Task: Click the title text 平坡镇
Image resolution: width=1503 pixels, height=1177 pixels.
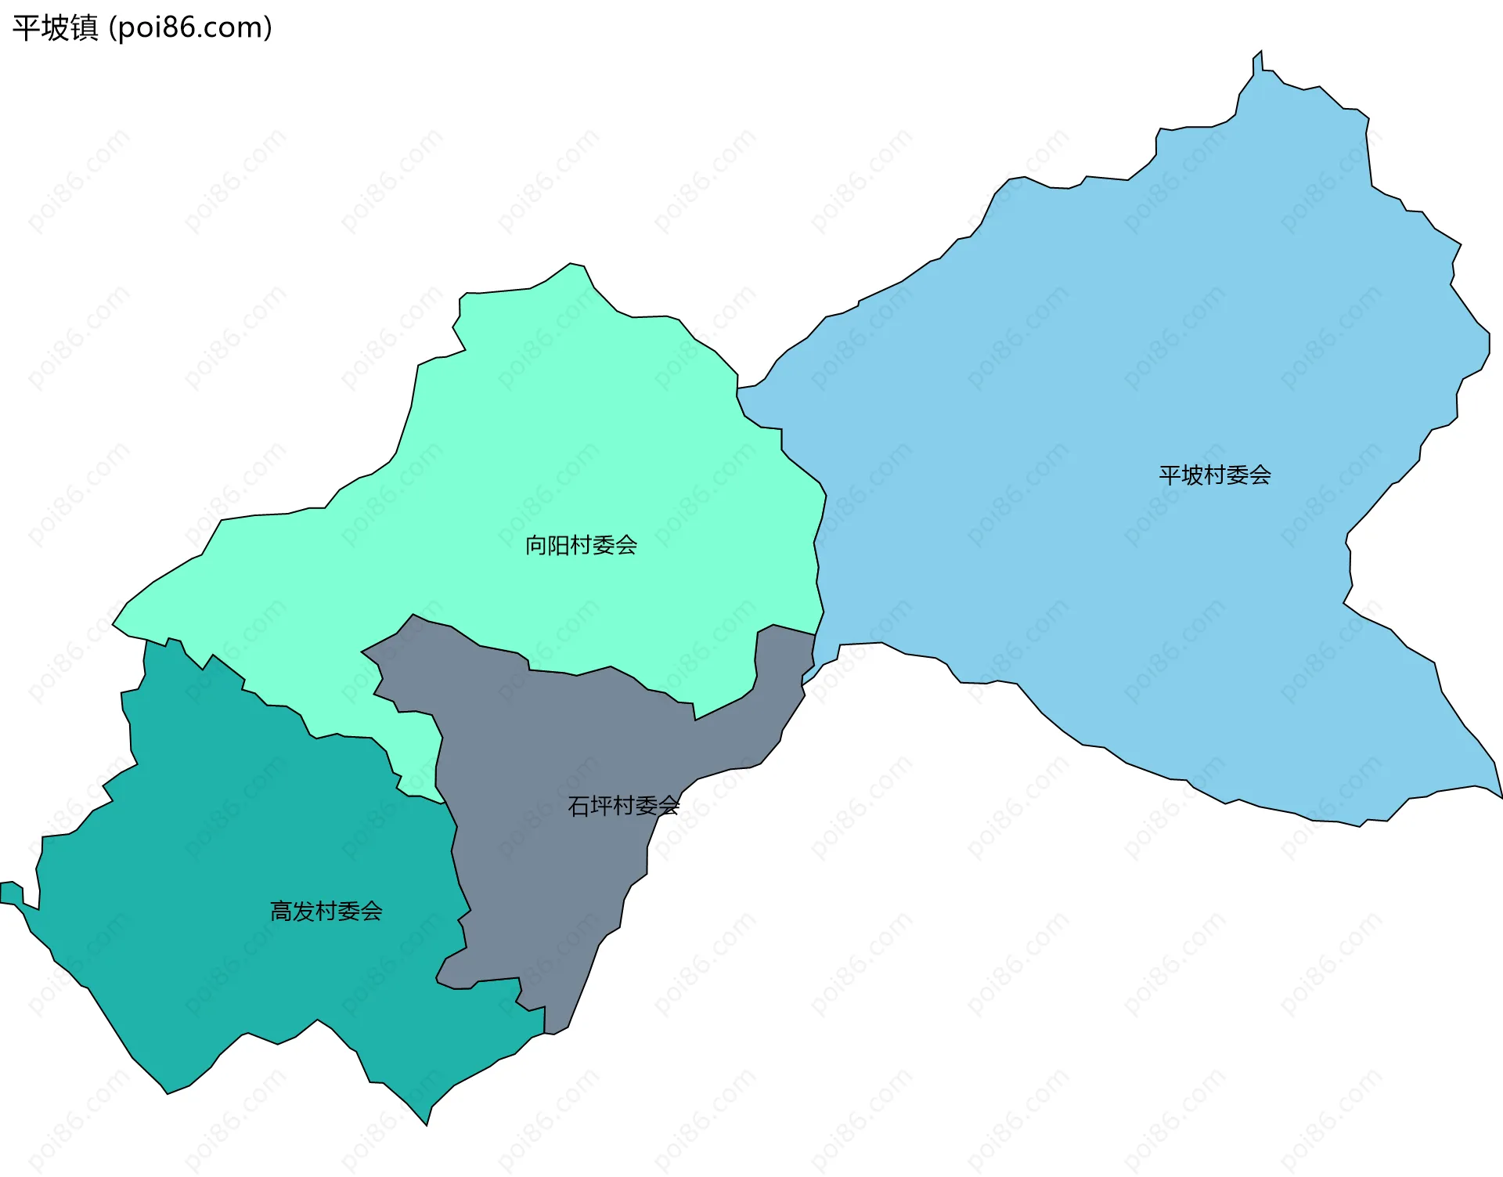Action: pyautogui.click(x=55, y=28)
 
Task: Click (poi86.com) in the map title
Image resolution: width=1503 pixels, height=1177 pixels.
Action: pyautogui.click(x=190, y=28)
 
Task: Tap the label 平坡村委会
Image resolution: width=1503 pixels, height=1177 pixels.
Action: pyautogui.click(x=1214, y=475)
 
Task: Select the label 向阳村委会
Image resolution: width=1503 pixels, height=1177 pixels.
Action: pyautogui.click(x=581, y=545)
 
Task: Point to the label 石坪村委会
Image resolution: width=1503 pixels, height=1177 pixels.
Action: pyautogui.click(x=623, y=806)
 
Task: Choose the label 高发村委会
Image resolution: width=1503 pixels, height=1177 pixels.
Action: pyautogui.click(x=326, y=911)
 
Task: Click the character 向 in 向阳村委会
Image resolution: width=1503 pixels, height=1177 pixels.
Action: pyautogui.click(x=536, y=545)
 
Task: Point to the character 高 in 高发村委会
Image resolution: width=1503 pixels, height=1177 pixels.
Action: pyautogui.click(x=281, y=911)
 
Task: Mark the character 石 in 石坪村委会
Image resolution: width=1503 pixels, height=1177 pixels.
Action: pyautogui.click(x=578, y=806)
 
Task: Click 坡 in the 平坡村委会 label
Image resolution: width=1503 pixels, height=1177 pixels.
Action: pyautogui.click(x=1192, y=475)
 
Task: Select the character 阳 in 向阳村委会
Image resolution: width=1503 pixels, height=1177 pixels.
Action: pyautogui.click(x=559, y=545)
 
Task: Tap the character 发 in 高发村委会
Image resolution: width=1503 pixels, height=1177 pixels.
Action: pyautogui.click(x=304, y=911)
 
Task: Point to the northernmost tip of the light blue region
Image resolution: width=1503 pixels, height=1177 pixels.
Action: pyautogui.click(x=1260, y=52)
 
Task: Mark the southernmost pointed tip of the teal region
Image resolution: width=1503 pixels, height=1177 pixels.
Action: pyautogui.click(x=427, y=1125)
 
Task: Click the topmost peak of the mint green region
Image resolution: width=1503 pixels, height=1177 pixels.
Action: pyautogui.click(x=571, y=265)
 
